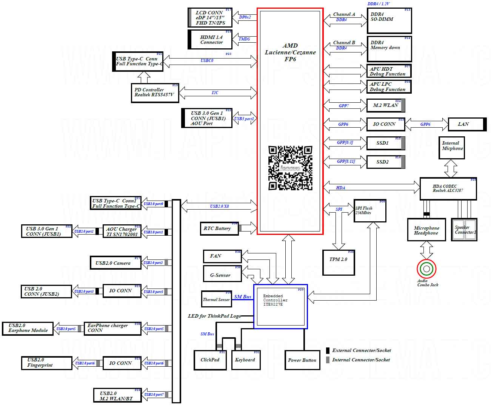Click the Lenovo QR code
[290, 168]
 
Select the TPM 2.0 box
[339, 262]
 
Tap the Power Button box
[302, 360]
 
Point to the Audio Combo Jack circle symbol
[426, 269]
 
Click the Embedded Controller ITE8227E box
[280, 306]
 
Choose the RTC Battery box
[219, 228]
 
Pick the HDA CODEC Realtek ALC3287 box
[448, 188]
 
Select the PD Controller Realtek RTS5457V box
[154, 93]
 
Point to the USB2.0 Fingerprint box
[46, 363]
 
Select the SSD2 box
[385, 162]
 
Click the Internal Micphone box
[452, 148]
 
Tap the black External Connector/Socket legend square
[328, 350]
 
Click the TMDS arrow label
[244, 39]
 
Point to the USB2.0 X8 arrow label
[219, 206]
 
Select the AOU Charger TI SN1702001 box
[122, 232]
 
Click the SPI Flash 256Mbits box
[370, 211]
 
